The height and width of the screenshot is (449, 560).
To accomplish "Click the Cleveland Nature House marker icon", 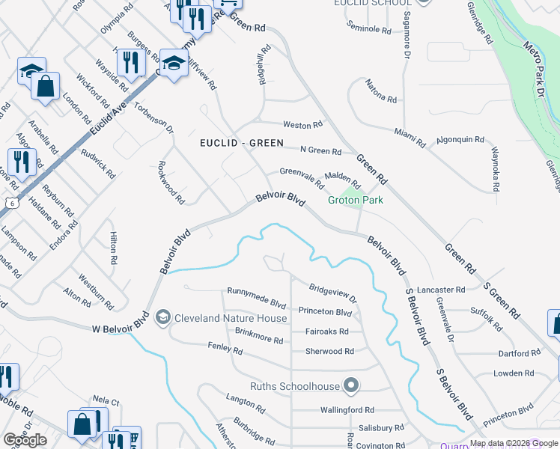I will click(x=162, y=318).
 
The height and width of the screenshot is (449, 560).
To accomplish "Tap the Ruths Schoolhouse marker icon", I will click(x=352, y=387).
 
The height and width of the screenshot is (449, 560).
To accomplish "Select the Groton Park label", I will click(x=356, y=200).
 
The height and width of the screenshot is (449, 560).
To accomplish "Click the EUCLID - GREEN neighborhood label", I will click(x=242, y=143).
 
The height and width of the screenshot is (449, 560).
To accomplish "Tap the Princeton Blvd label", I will click(x=325, y=311).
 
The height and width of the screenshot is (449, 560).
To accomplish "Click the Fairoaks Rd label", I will click(x=326, y=332).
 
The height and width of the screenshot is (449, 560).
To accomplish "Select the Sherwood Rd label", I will click(x=329, y=351).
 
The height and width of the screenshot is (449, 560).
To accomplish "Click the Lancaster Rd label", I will click(x=442, y=290).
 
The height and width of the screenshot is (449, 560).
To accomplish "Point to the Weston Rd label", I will click(x=302, y=124).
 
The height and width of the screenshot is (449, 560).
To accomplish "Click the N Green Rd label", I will click(x=320, y=151).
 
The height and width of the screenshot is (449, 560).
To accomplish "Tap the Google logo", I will click(x=25, y=440).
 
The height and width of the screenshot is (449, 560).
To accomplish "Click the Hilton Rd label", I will click(x=114, y=250).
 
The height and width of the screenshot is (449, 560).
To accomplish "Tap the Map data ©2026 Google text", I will click(x=514, y=443).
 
